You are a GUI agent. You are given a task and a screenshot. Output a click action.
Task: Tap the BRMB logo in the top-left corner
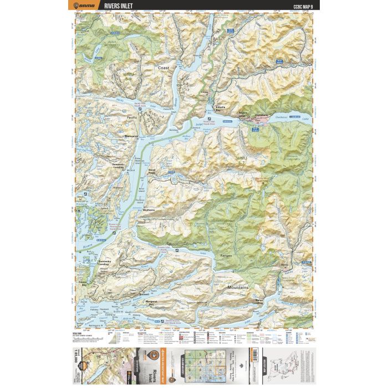85,7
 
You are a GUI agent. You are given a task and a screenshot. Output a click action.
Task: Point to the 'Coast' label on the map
164,68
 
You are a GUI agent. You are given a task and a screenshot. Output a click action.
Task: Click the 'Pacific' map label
132,118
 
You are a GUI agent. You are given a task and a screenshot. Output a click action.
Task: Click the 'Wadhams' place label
149,210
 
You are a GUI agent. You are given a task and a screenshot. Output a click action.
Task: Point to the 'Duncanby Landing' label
107,263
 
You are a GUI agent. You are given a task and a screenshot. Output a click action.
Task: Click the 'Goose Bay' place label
84,283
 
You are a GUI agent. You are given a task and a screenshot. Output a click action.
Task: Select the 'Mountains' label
238,289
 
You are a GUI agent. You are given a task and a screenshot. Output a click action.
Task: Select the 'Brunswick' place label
131,136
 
